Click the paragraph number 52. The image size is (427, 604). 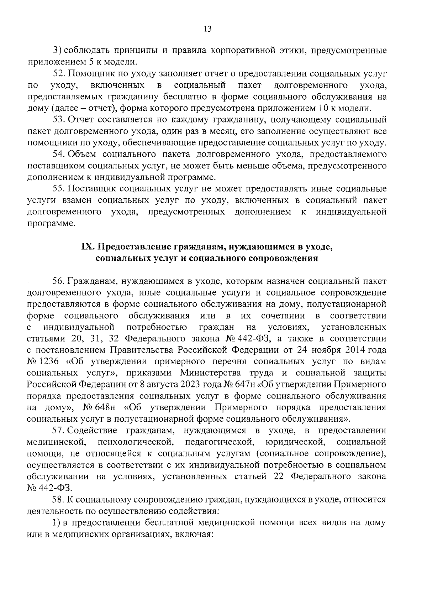pyautogui.click(x=59, y=74)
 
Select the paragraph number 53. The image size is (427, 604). pyautogui.click(x=59, y=120)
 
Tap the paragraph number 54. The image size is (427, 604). pyautogui.click(x=59, y=154)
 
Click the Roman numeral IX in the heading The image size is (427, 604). pyautogui.click(x=88, y=247)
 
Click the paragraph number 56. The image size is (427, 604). pyautogui.click(x=59, y=281)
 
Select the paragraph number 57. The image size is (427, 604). pyautogui.click(x=59, y=430)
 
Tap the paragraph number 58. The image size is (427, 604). pyautogui.click(x=59, y=499)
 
